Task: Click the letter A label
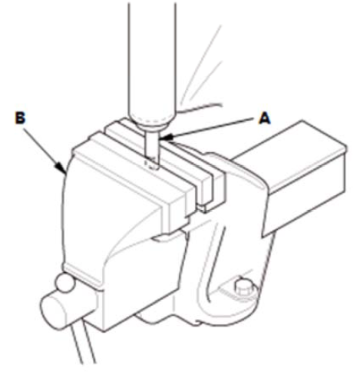[x=265, y=119]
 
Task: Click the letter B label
[x=21, y=118]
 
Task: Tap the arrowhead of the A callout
[x=163, y=138]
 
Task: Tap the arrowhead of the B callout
[x=62, y=169]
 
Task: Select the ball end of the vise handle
[x=64, y=284]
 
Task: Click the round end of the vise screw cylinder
[x=52, y=311]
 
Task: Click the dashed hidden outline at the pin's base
[x=151, y=164]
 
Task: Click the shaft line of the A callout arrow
[x=210, y=128]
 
